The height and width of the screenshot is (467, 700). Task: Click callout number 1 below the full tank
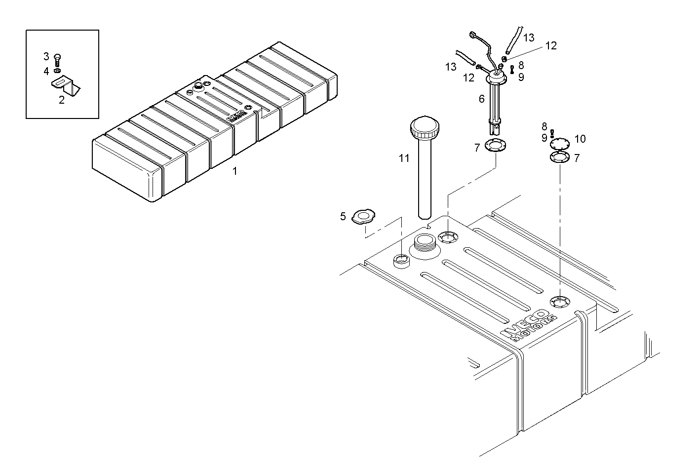pos(235,171)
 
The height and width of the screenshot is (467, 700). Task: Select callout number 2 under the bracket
pos(61,100)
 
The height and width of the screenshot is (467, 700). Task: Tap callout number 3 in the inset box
pos(46,57)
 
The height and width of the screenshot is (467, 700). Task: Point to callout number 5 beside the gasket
pos(343,216)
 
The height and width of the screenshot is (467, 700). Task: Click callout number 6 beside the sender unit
pos(481,99)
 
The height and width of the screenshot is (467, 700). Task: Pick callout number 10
pos(580,139)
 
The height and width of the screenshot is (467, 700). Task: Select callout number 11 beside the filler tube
pos(404,158)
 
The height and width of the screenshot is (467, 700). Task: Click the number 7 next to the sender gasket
pos(477,148)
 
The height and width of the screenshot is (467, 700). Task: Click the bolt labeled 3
pos(57,60)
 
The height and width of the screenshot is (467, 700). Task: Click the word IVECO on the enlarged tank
pos(524,323)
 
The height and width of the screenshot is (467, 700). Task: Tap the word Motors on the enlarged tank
pos(535,329)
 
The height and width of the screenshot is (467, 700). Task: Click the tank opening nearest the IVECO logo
pos(559,301)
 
